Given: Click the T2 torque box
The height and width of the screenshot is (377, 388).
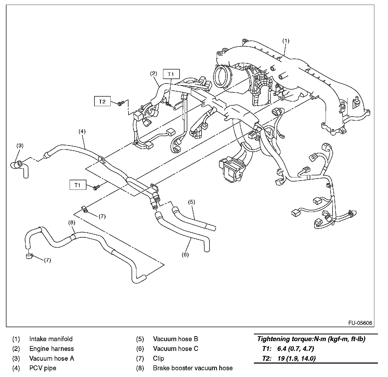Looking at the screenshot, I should pos(102,101).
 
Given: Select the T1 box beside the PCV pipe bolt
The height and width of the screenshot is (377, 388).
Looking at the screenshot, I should pos(78,185).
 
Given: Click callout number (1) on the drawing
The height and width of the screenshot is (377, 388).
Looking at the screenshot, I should pos(286,41).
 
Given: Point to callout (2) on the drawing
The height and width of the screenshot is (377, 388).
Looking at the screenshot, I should pos(153,73).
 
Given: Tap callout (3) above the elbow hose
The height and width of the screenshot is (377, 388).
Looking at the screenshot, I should pos(20,145).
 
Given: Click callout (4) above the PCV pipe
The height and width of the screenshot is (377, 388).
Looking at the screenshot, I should pos(82,131).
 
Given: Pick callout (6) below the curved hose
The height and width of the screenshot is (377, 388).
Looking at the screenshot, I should pos(185,255).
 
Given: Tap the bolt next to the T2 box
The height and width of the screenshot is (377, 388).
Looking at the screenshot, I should pos(120,103).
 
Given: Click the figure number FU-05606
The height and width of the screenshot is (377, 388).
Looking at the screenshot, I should pos(360,323).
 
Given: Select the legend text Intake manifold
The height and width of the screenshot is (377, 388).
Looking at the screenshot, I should pos(51,339).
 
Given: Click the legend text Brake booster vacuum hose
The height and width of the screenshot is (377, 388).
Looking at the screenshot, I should pos(193,368).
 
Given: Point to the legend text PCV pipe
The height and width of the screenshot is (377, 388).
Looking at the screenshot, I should pos(43,368).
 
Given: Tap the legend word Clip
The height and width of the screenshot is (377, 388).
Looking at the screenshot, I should pos(158,358).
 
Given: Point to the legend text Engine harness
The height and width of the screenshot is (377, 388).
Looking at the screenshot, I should pos(52,349).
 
